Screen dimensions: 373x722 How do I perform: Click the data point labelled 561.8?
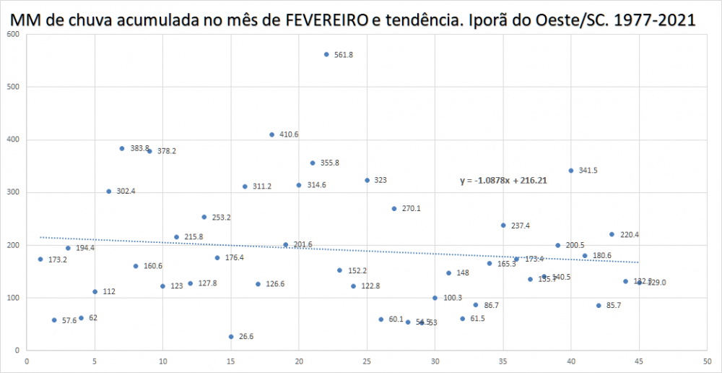[x=326, y=54]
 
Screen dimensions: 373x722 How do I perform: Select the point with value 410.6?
[x=272, y=134]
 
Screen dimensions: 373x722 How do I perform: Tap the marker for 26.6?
[x=231, y=337]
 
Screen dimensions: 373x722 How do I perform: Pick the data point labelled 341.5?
[x=571, y=171]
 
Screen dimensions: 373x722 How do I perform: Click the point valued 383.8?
[x=122, y=148]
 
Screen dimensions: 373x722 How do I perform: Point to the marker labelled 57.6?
[x=54, y=320]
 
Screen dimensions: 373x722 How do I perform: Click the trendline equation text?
[x=503, y=181]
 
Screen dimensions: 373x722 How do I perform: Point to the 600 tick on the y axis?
[x=12, y=34]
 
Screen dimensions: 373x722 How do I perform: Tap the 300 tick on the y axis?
[x=12, y=192]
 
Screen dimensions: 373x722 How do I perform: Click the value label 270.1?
[x=412, y=209]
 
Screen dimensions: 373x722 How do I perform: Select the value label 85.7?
[x=614, y=306]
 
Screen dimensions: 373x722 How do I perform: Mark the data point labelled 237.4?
[x=503, y=226]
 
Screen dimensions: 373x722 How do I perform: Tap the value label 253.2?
[x=221, y=217]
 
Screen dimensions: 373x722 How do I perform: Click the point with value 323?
[x=367, y=180]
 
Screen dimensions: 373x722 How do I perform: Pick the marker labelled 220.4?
[x=612, y=234]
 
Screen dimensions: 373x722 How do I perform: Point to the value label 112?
[x=109, y=292]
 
